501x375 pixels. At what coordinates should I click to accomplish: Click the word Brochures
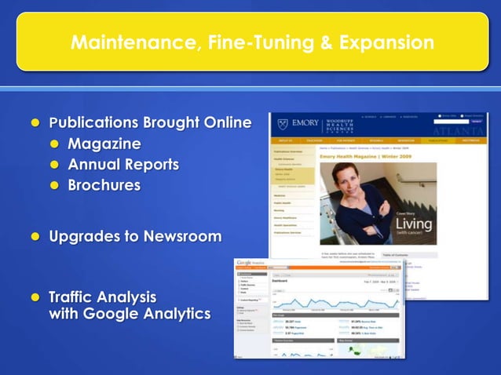(104, 185)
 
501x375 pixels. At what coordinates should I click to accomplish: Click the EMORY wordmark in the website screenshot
(305, 124)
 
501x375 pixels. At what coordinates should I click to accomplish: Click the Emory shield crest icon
(283, 124)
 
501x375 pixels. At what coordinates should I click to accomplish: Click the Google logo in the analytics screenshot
(245, 263)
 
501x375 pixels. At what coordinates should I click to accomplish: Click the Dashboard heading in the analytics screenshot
(280, 281)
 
